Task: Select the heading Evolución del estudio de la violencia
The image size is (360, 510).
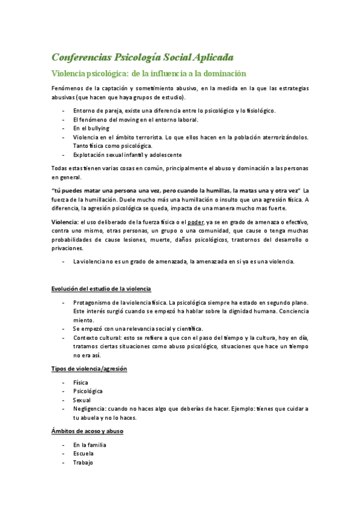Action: [101, 289]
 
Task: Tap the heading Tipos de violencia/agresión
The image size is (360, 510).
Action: [89, 367]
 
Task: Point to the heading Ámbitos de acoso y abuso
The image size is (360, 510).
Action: [87, 431]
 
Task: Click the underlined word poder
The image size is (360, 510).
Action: [196, 222]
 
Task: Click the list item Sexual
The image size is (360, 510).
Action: [82, 399]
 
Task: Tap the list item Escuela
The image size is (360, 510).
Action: [83, 453]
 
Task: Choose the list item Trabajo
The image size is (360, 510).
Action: [83, 462]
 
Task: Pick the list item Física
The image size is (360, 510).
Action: [81, 382]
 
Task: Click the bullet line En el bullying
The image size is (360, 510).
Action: [91, 128]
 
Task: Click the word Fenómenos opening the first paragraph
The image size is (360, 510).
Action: [67, 88]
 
